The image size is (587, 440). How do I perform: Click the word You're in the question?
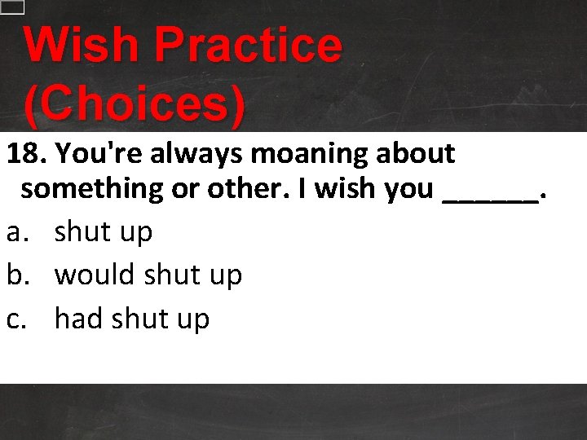(100, 152)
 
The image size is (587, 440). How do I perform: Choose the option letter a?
(15, 232)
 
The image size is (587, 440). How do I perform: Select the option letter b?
(15, 275)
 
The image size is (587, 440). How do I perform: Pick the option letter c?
(15, 319)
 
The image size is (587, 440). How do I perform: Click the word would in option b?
(95, 275)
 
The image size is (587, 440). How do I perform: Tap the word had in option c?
(77, 319)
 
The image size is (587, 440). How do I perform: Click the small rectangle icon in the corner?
(12, 7)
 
